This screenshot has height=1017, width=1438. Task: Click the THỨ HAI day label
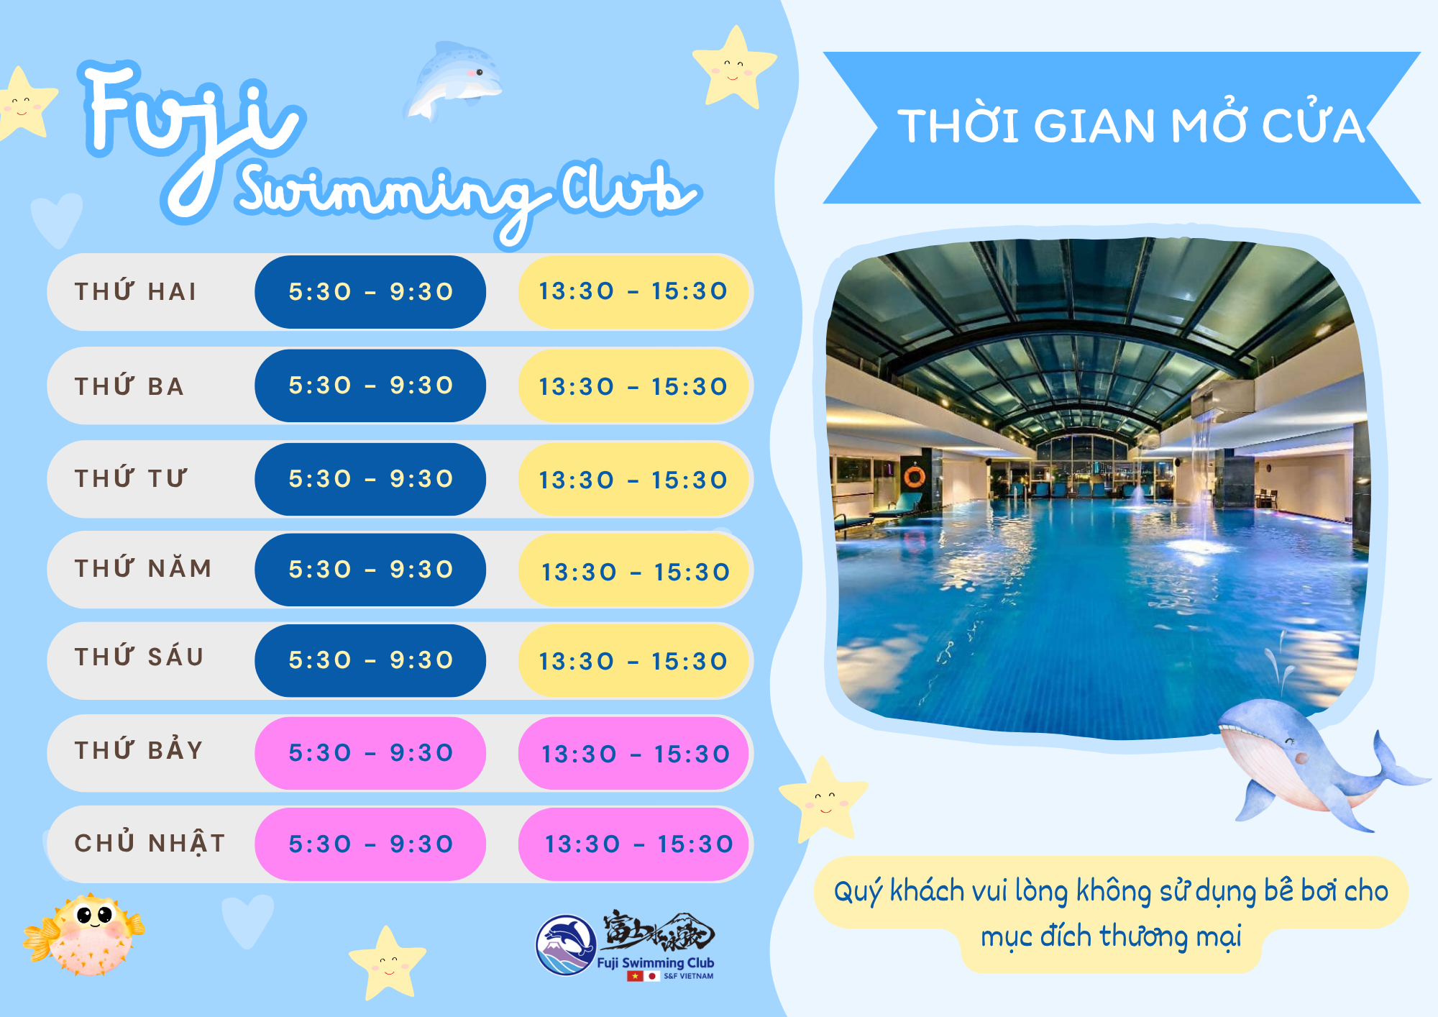[135, 291]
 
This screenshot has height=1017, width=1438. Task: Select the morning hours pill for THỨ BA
[370, 386]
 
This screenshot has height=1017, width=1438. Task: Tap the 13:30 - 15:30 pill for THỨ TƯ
[633, 480]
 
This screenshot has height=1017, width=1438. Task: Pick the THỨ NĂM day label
[143, 567]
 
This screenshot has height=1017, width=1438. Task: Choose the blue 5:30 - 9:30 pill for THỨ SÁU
[370, 660]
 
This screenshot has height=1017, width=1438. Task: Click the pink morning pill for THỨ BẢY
[370, 753]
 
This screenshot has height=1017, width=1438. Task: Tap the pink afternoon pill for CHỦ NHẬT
[633, 844]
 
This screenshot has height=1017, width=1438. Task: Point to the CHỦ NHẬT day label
[150, 842]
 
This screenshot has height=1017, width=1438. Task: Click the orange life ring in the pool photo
[915, 476]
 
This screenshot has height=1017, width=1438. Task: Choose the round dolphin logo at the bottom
[566, 944]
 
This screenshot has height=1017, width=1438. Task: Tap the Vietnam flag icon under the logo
[635, 976]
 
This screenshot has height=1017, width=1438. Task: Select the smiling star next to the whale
[824, 798]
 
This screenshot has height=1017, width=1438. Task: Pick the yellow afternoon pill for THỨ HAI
[633, 291]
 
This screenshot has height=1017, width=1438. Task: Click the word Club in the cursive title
[628, 188]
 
